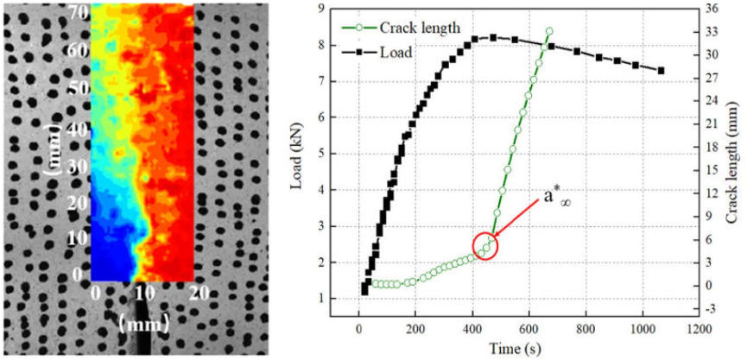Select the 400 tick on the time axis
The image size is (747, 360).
(x=472, y=329)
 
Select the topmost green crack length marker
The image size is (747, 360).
(x=549, y=31)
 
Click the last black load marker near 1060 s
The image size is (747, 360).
(x=662, y=71)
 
